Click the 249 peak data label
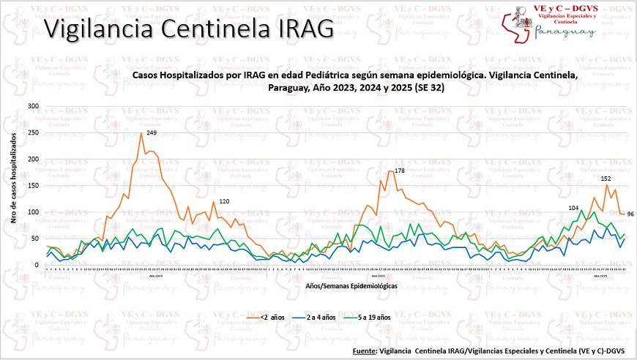(x=152, y=132)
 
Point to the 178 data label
(x=399, y=170)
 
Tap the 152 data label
(x=606, y=179)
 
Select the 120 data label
(x=225, y=201)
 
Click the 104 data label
(x=573, y=208)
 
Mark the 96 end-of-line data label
(x=630, y=214)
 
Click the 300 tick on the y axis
(x=33, y=106)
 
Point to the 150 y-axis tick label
(x=33, y=186)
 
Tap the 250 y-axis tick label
(x=33, y=133)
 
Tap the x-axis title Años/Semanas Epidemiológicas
(x=351, y=286)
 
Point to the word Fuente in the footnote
(x=364, y=351)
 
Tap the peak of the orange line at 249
(x=141, y=133)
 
